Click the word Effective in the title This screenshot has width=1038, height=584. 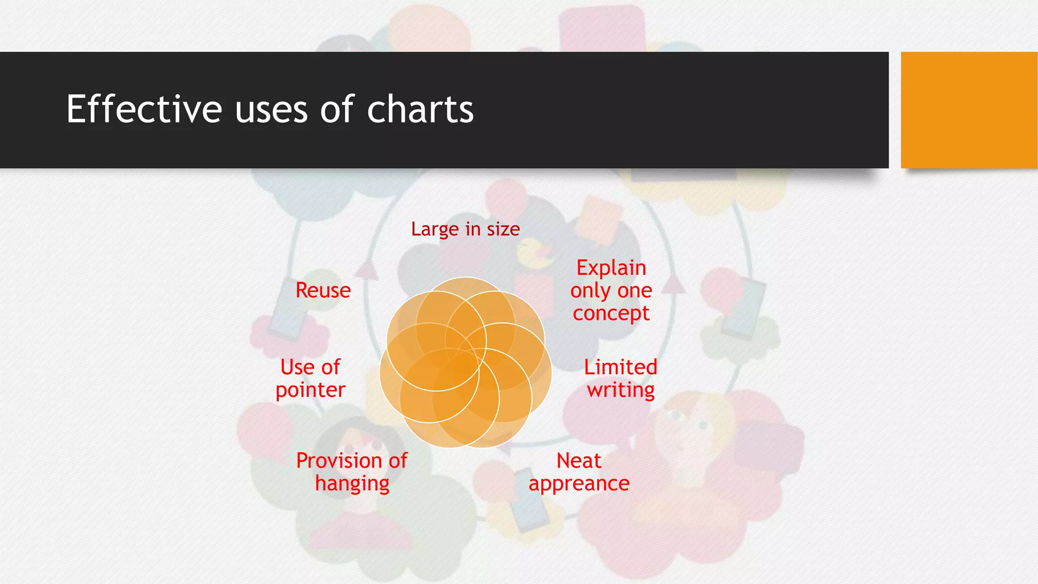point(144,109)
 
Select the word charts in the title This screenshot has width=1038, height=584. point(420,109)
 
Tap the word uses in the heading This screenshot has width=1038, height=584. point(271,110)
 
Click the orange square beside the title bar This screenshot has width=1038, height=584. point(969,110)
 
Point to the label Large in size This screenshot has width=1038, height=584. point(465,229)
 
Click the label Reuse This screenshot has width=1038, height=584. point(323,290)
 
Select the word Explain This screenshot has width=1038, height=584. point(611,268)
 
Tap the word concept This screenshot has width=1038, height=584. point(611,314)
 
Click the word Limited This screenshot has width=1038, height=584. point(620,367)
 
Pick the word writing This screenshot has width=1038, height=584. point(620,390)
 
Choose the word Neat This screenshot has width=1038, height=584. point(579,461)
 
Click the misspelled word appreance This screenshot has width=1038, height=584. point(579,484)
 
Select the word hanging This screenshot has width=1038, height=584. point(352,484)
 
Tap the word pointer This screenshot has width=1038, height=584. point(310,390)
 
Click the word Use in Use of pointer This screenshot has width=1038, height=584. point(297,367)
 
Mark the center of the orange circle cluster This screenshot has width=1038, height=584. point(465,362)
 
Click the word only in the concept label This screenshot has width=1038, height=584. point(590,291)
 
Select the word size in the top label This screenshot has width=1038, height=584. point(503,229)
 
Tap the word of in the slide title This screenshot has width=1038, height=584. point(337,109)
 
